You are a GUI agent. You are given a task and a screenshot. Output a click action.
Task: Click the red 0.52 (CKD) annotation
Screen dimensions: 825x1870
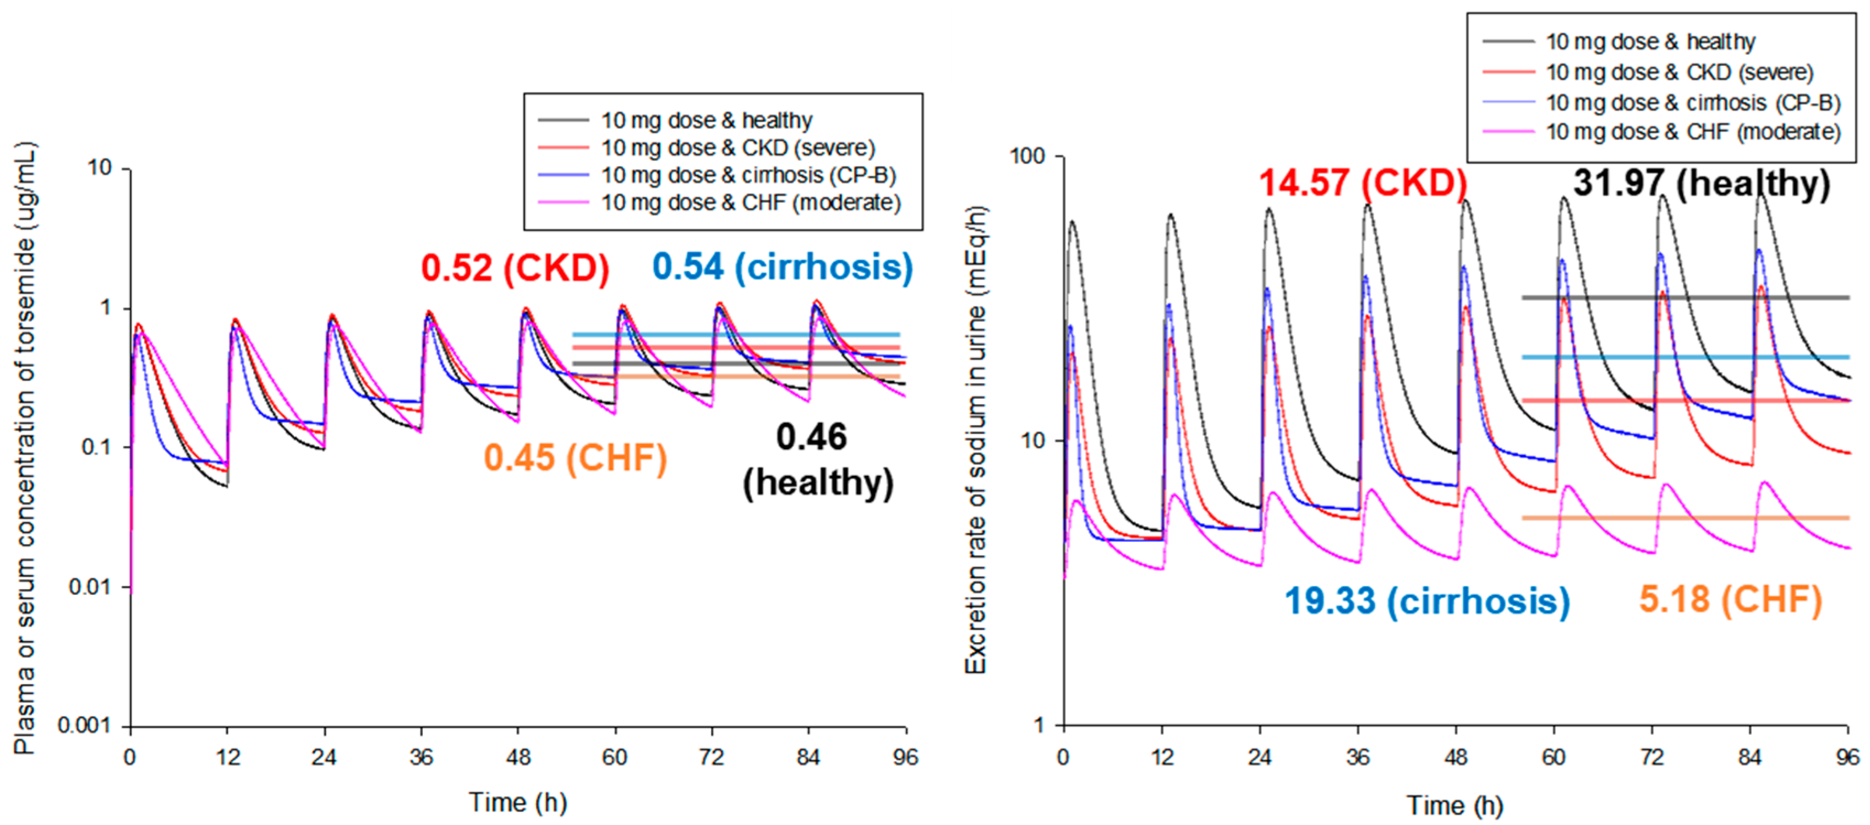click(515, 268)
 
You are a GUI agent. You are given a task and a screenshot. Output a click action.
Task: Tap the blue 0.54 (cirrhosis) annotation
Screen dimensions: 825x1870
click(782, 267)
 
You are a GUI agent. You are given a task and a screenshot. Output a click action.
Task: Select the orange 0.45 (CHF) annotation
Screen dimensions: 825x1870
click(575, 458)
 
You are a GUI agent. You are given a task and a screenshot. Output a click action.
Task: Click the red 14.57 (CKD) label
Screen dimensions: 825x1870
click(1363, 182)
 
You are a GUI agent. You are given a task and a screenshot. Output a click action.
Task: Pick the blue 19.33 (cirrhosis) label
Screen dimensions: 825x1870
click(1426, 601)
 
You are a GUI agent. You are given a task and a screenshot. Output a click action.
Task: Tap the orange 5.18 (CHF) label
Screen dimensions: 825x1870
click(1730, 600)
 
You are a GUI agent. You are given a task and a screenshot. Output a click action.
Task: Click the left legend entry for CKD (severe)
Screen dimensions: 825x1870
click(737, 148)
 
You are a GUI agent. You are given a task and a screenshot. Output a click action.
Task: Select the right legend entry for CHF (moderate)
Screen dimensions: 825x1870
click(1692, 132)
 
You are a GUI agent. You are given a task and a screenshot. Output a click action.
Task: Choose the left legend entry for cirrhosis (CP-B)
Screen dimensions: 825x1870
click(748, 176)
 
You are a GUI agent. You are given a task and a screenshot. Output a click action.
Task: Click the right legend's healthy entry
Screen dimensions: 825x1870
click(1649, 42)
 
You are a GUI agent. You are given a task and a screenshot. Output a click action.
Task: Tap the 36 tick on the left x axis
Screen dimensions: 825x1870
click(421, 757)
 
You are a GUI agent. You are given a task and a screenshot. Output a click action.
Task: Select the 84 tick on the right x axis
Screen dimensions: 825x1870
click(1749, 757)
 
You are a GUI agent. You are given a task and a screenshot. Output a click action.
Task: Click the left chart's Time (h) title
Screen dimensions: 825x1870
click(518, 802)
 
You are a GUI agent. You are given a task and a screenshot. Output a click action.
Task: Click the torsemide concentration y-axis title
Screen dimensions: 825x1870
click(25, 448)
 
